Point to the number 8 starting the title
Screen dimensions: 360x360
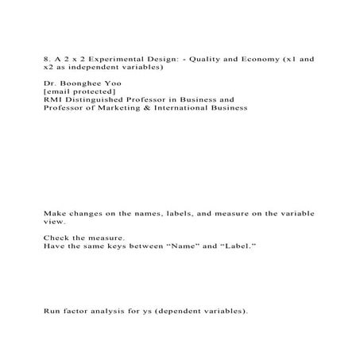pos(46,59)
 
